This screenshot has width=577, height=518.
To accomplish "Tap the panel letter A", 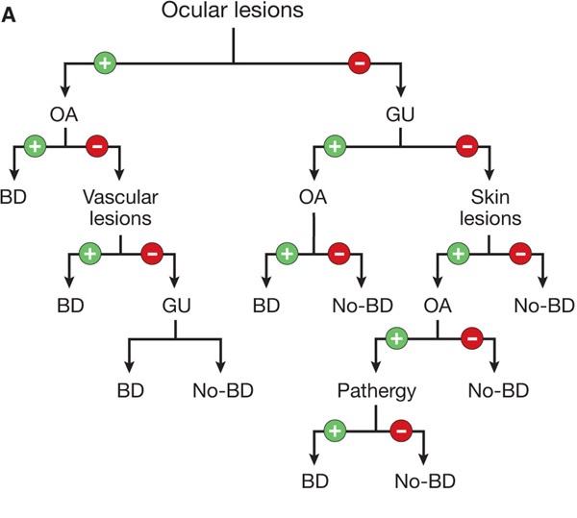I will tap(13, 16).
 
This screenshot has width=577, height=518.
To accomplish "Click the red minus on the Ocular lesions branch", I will tap(358, 63).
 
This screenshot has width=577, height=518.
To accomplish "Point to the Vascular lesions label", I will tap(119, 208).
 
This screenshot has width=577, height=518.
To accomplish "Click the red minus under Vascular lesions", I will tap(152, 254).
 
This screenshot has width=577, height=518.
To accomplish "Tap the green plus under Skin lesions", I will tap(461, 254).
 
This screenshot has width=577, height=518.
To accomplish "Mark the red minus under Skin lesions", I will tap(521, 254).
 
